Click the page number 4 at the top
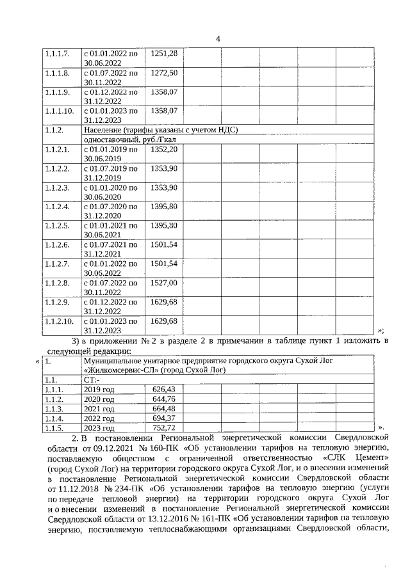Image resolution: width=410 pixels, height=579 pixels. [x=218, y=40]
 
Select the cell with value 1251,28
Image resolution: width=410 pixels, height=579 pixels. [x=163, y=52]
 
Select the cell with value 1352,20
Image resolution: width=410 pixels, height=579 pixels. [x=163, y=148]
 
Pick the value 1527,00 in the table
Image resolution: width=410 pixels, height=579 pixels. [x=163, y=283]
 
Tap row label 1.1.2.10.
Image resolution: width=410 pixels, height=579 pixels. [x=59, y=321]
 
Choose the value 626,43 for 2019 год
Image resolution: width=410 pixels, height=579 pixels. [x=164, y=389]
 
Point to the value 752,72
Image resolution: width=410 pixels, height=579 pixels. [x=164, y=427]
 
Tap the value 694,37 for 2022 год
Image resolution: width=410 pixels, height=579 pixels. [x=164, y=418]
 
